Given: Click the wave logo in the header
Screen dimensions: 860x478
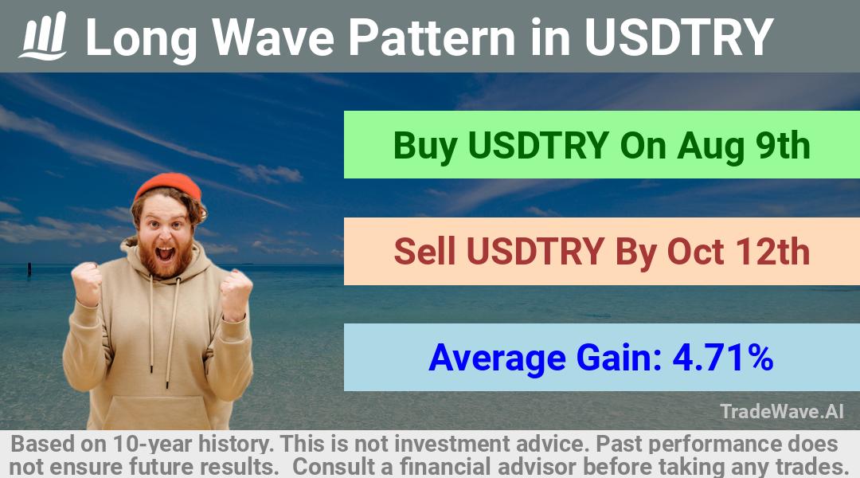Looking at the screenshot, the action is tap(43, 36).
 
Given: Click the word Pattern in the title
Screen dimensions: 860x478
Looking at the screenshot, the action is tap(432, 37).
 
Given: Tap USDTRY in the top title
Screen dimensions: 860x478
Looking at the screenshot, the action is tap(678, 37).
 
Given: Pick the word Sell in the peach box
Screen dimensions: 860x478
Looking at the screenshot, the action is tap(424, 251).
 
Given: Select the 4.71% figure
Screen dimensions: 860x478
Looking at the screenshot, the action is tap(723, 358).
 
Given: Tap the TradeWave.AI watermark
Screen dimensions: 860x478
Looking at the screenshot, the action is tap(782, 411).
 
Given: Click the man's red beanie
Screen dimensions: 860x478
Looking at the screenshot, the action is tap(168, 186).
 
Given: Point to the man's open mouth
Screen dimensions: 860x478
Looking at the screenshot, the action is tap(165, 254).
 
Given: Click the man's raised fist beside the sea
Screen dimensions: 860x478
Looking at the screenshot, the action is tap(87, 283).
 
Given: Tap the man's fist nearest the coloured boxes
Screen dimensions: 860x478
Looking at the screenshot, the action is tap(236, 294).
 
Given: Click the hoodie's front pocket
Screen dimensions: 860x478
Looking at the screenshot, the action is tap(158, 412).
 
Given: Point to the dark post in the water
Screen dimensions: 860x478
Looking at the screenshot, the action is tap(29, 269).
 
